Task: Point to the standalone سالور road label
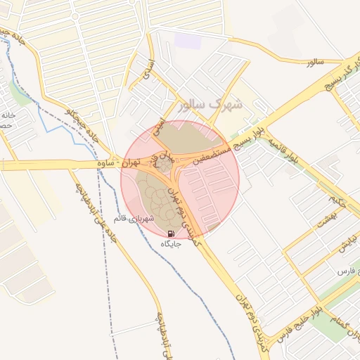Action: click(x=314, y=63)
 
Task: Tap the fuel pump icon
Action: click(x=171, y=233)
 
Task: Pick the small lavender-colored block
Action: click(x=188, y=40)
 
